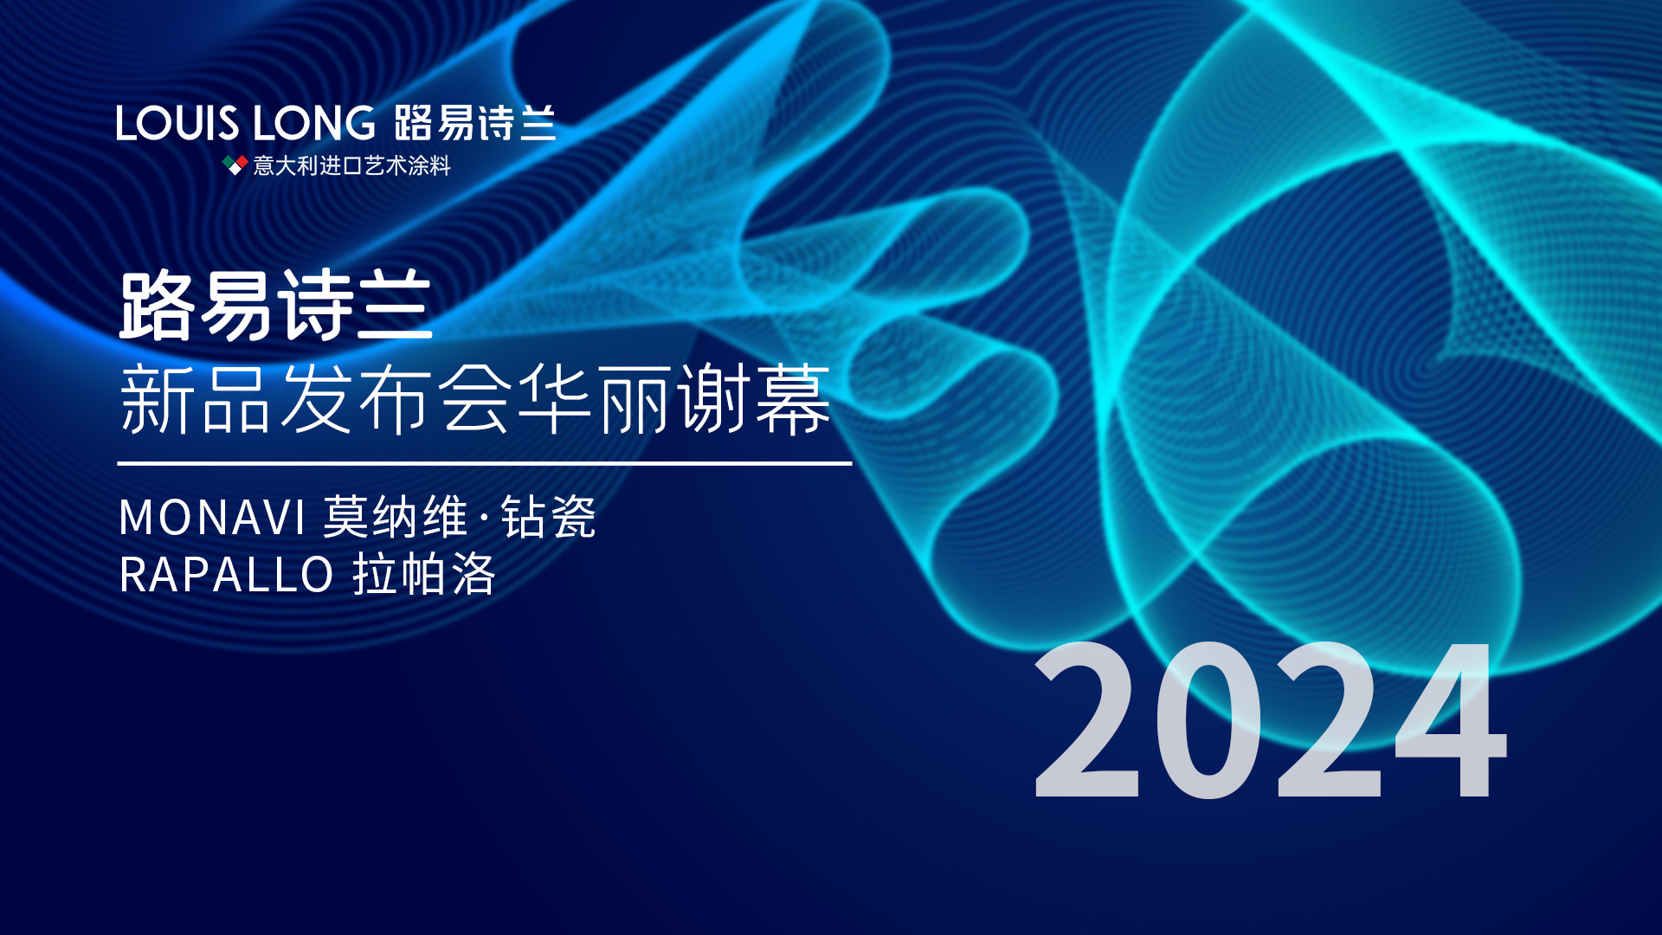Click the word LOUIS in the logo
point(177,123)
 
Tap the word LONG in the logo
point(313,123)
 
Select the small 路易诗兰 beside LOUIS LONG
point(474,123)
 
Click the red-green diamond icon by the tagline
point(235,164)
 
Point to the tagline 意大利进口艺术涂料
point(351,165)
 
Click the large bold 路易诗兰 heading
point(275,306)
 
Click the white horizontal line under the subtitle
point(485,464)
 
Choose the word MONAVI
point(212,518)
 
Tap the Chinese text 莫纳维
point(396,518)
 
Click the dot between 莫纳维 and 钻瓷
point(484,519)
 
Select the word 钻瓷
point(548,518)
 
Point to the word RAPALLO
point(227,575)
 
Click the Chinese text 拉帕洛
point(424,574)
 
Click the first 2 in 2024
point(1086,719)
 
